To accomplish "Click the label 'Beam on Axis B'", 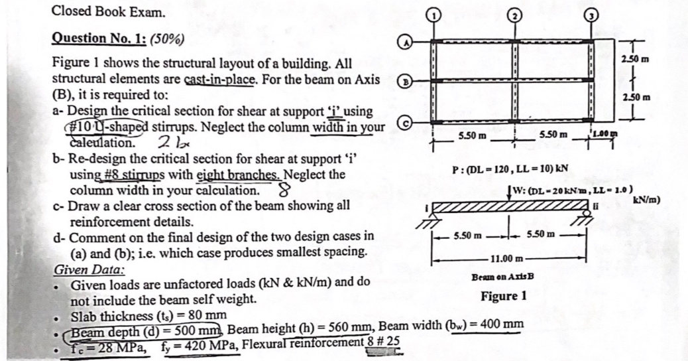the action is click(x=503, y=276).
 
